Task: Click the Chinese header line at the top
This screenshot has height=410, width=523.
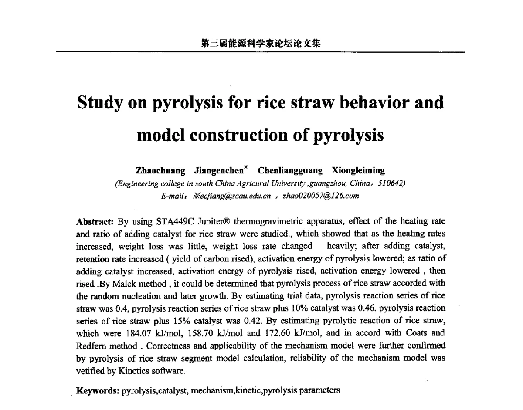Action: [x=261, y=44]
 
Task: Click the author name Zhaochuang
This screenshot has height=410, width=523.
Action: [x=161, y=170]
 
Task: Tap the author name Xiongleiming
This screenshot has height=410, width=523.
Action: [x=358, y=170]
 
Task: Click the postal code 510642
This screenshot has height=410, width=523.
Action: [x=391, y=183]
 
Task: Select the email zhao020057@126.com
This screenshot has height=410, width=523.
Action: [x=321, y=196]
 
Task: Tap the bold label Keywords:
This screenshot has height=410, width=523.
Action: [x=98, y=390]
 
